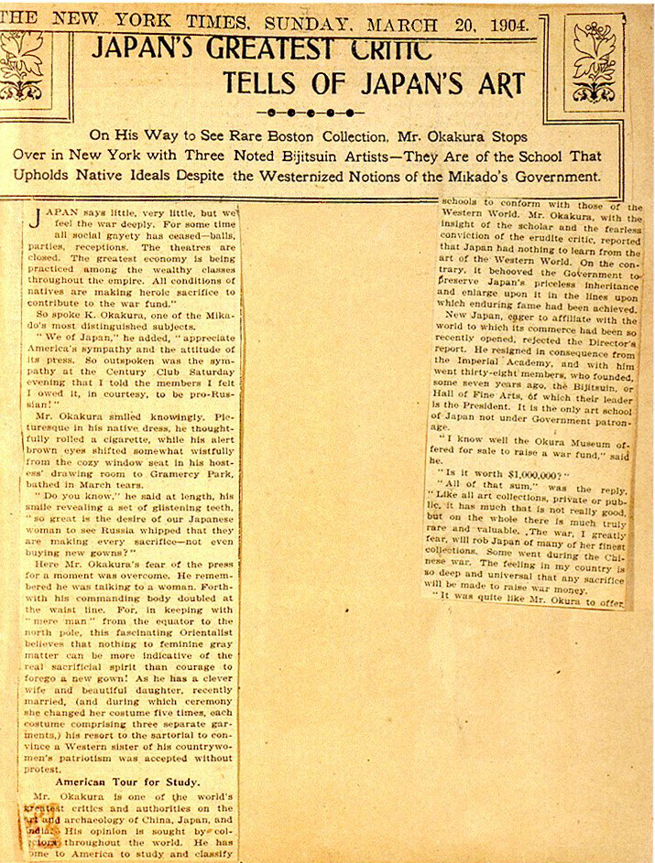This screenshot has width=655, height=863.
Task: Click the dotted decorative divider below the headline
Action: tap(310, 113)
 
